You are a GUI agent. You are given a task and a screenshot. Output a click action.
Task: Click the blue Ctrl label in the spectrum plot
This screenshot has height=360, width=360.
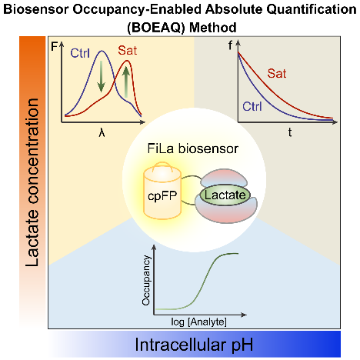[x=80, y=53]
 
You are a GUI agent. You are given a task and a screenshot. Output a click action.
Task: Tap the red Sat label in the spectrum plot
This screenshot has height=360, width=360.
[x=128, y=50]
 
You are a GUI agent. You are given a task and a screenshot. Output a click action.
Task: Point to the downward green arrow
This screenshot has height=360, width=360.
[x=102, y=76]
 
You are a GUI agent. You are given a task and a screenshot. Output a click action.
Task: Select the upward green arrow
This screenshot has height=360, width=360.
[x=125, y=82]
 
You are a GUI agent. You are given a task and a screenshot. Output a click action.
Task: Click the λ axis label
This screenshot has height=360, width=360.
[x=102, y=133]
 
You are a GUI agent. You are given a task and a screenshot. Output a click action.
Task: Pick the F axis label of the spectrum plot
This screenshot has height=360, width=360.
[x=55, y=47]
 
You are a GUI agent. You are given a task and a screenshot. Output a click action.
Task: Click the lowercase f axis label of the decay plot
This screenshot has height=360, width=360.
[x=230, y=45]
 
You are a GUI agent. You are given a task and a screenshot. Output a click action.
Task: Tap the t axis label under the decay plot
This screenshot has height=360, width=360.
[x=290, y=132]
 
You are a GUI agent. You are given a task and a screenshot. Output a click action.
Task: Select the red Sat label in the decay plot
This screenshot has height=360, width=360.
[x=277, y=73]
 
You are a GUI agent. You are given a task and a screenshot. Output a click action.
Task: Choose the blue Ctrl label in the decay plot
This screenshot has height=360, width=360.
[x=252, y=106]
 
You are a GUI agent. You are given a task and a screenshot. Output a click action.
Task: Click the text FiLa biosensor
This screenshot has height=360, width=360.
[x=193, y=148]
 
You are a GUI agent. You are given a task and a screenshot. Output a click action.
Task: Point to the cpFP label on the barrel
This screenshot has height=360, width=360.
[x=162, y=196]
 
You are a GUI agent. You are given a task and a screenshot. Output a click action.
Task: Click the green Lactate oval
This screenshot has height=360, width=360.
[x=225, y=195]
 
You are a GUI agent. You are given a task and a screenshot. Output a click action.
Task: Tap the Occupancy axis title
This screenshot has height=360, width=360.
[x=145, y=280]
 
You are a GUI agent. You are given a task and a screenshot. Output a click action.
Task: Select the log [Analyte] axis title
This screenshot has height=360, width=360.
[x=199, y=322]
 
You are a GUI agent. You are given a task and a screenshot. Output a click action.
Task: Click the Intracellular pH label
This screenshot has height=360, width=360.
[x=194, y=345]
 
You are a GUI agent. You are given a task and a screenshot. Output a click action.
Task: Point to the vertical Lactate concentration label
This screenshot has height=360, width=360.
[x=32, y=182]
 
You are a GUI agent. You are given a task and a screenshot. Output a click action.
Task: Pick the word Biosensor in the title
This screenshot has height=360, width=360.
[x=36, y=9]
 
